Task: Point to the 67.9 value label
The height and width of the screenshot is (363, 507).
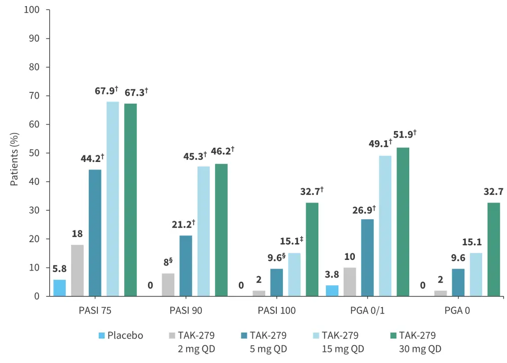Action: tap(106, 91)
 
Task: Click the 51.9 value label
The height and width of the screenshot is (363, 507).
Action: tap(406, 135)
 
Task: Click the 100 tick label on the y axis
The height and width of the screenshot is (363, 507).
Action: tap(37, 10)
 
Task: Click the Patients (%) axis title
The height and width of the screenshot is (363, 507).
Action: tap(15, 153)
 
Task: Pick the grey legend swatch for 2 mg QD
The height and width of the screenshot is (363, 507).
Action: tap(172, 336)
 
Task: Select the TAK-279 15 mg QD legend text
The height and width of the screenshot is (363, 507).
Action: tap(343, 342)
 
